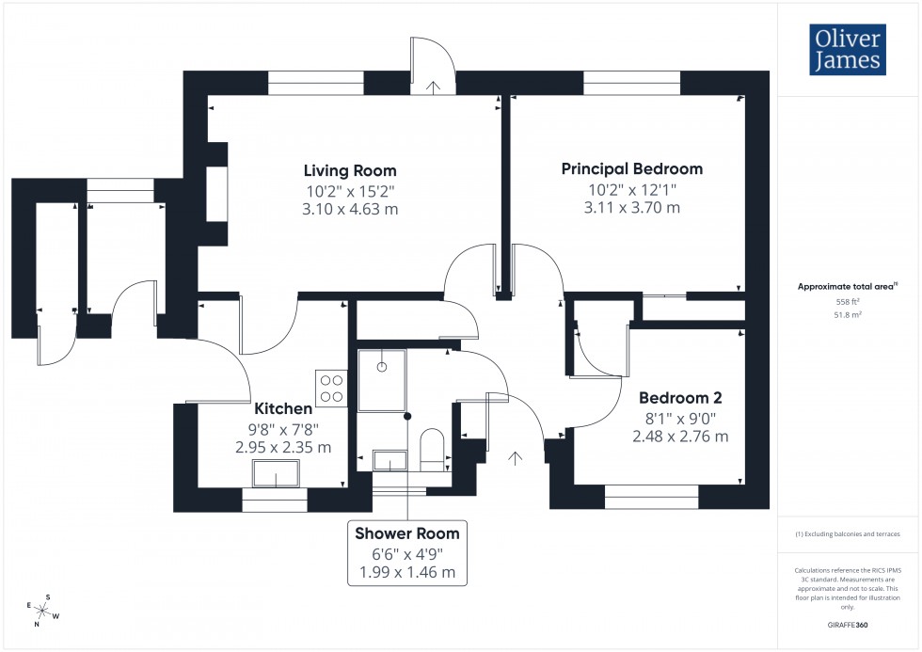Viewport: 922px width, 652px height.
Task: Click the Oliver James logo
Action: [x=848, y=50]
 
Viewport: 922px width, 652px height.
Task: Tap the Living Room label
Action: [x=349, y=170]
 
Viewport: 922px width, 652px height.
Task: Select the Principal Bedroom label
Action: [x=631, y=169]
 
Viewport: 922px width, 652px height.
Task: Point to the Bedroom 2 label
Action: [x=680, y=398]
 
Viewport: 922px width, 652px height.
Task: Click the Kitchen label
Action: [x=283, y=409]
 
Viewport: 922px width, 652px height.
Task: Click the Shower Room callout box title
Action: [x=406, y=533]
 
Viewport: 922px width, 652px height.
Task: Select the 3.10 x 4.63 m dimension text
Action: [x=349, y=209]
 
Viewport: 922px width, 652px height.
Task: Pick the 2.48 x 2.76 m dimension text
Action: [x=680, y=437]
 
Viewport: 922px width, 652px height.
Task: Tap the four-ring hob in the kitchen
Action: [x=331, y=389]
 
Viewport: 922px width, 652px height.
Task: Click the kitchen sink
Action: [x=275, y=472]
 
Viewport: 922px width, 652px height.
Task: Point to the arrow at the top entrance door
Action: [x=432, y=87]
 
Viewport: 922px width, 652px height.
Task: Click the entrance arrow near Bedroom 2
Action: [x=515, y=458]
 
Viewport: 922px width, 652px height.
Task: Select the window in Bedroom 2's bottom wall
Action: [x=651, y=496]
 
